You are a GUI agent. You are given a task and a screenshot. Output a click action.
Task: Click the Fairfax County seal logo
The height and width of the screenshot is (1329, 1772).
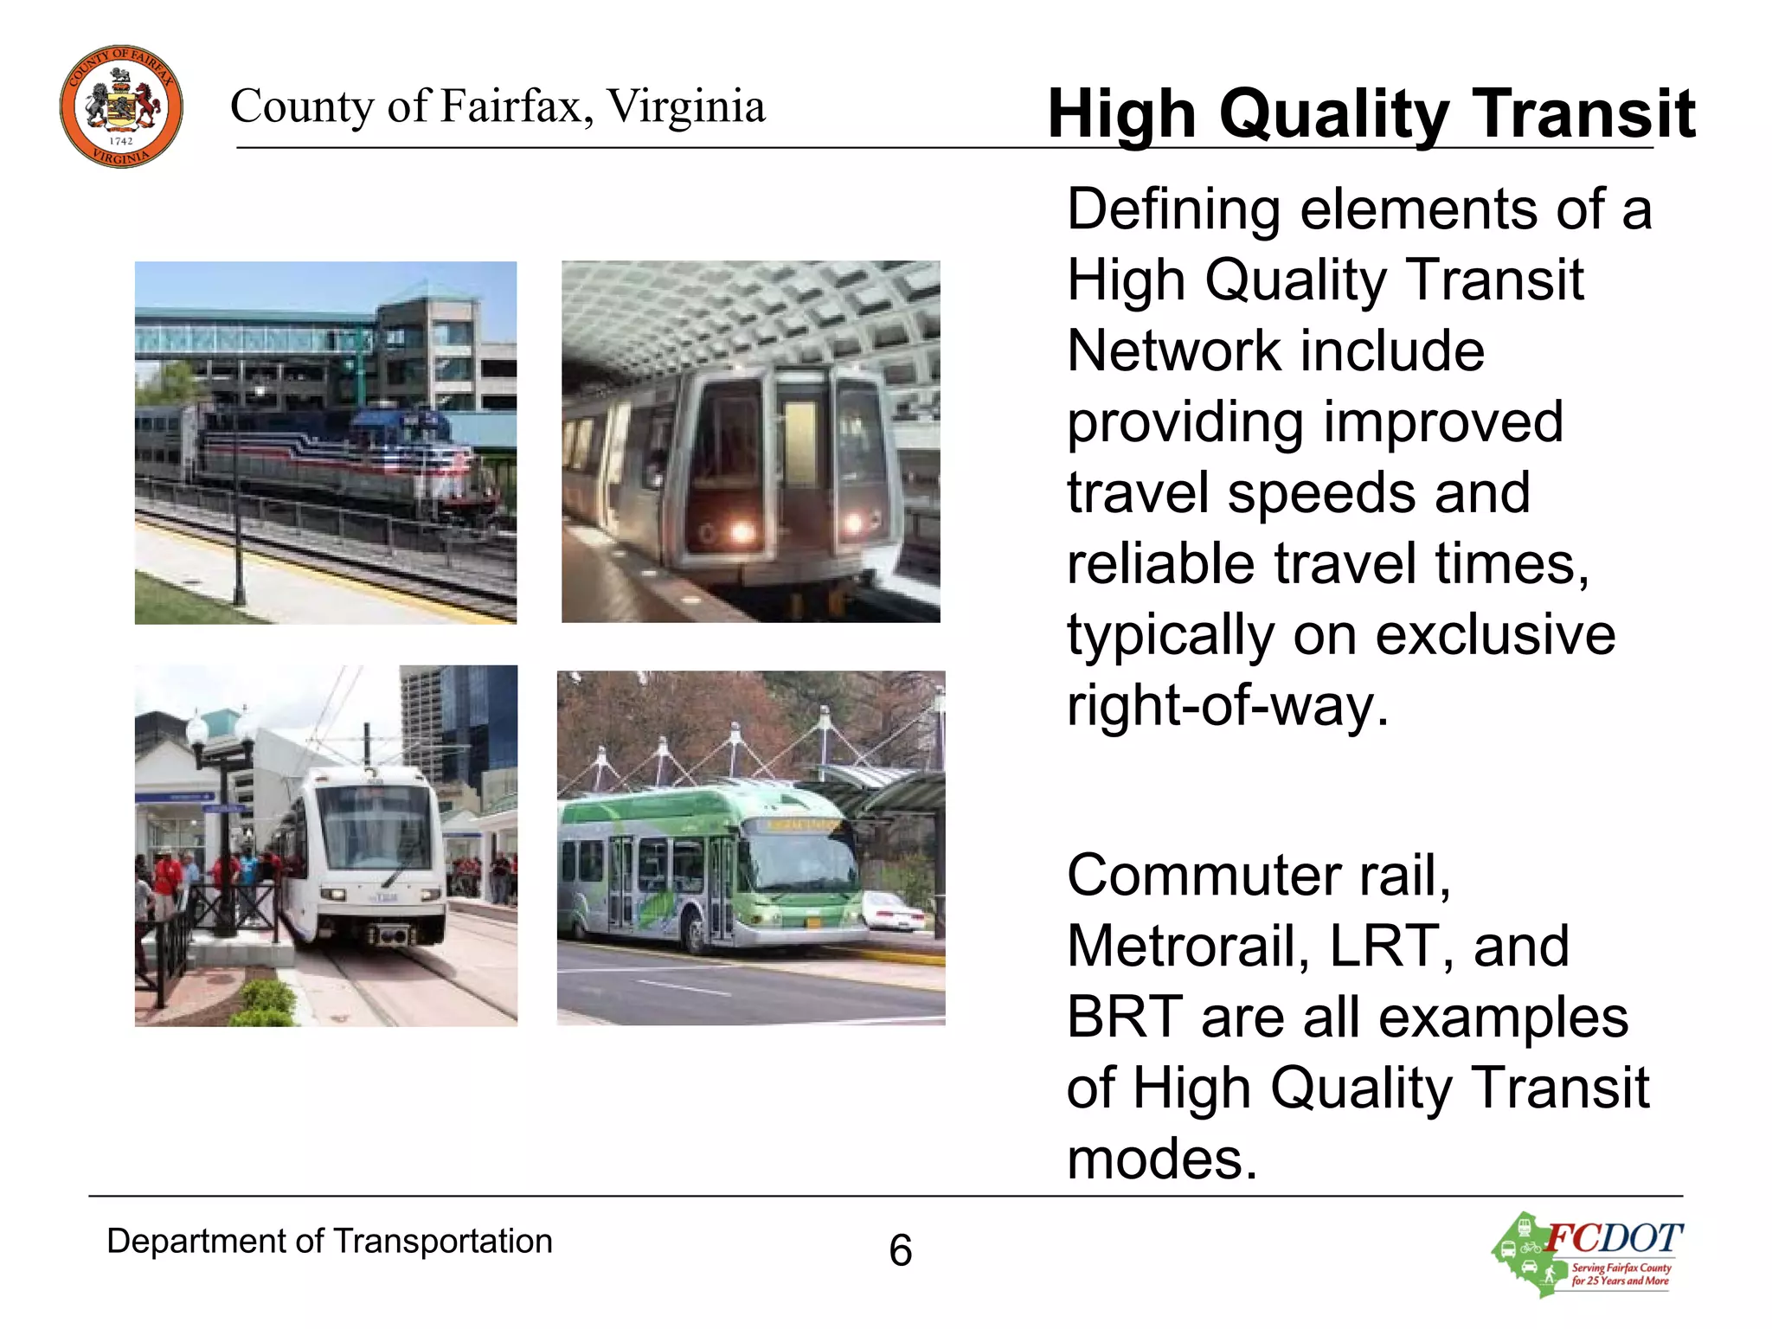pyautogui.click(x=121, y=106)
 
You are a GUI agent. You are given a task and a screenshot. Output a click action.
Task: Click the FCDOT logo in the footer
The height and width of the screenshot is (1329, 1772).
pyautogui.click(x=1589, y=1254)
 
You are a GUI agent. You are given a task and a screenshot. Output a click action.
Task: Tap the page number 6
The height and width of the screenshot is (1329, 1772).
pyautogui.click(x=900, y=1250)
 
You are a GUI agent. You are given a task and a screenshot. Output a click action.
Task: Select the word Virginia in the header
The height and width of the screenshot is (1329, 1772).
pyautogui.click(x=686, y=106)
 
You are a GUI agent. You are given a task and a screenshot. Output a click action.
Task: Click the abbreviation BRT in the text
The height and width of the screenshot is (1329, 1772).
pyautogui.click(x=1125, y=1017)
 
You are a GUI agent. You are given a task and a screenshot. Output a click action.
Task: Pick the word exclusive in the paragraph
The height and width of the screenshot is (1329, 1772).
pyautogui.click(x=1495, y=635)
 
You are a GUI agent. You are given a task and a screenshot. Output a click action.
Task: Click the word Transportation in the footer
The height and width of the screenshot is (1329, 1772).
pyautogui.click(x=442, y=1242)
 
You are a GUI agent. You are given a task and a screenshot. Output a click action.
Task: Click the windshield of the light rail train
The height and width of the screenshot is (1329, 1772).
pyautogui.click(x=379, y=831)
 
